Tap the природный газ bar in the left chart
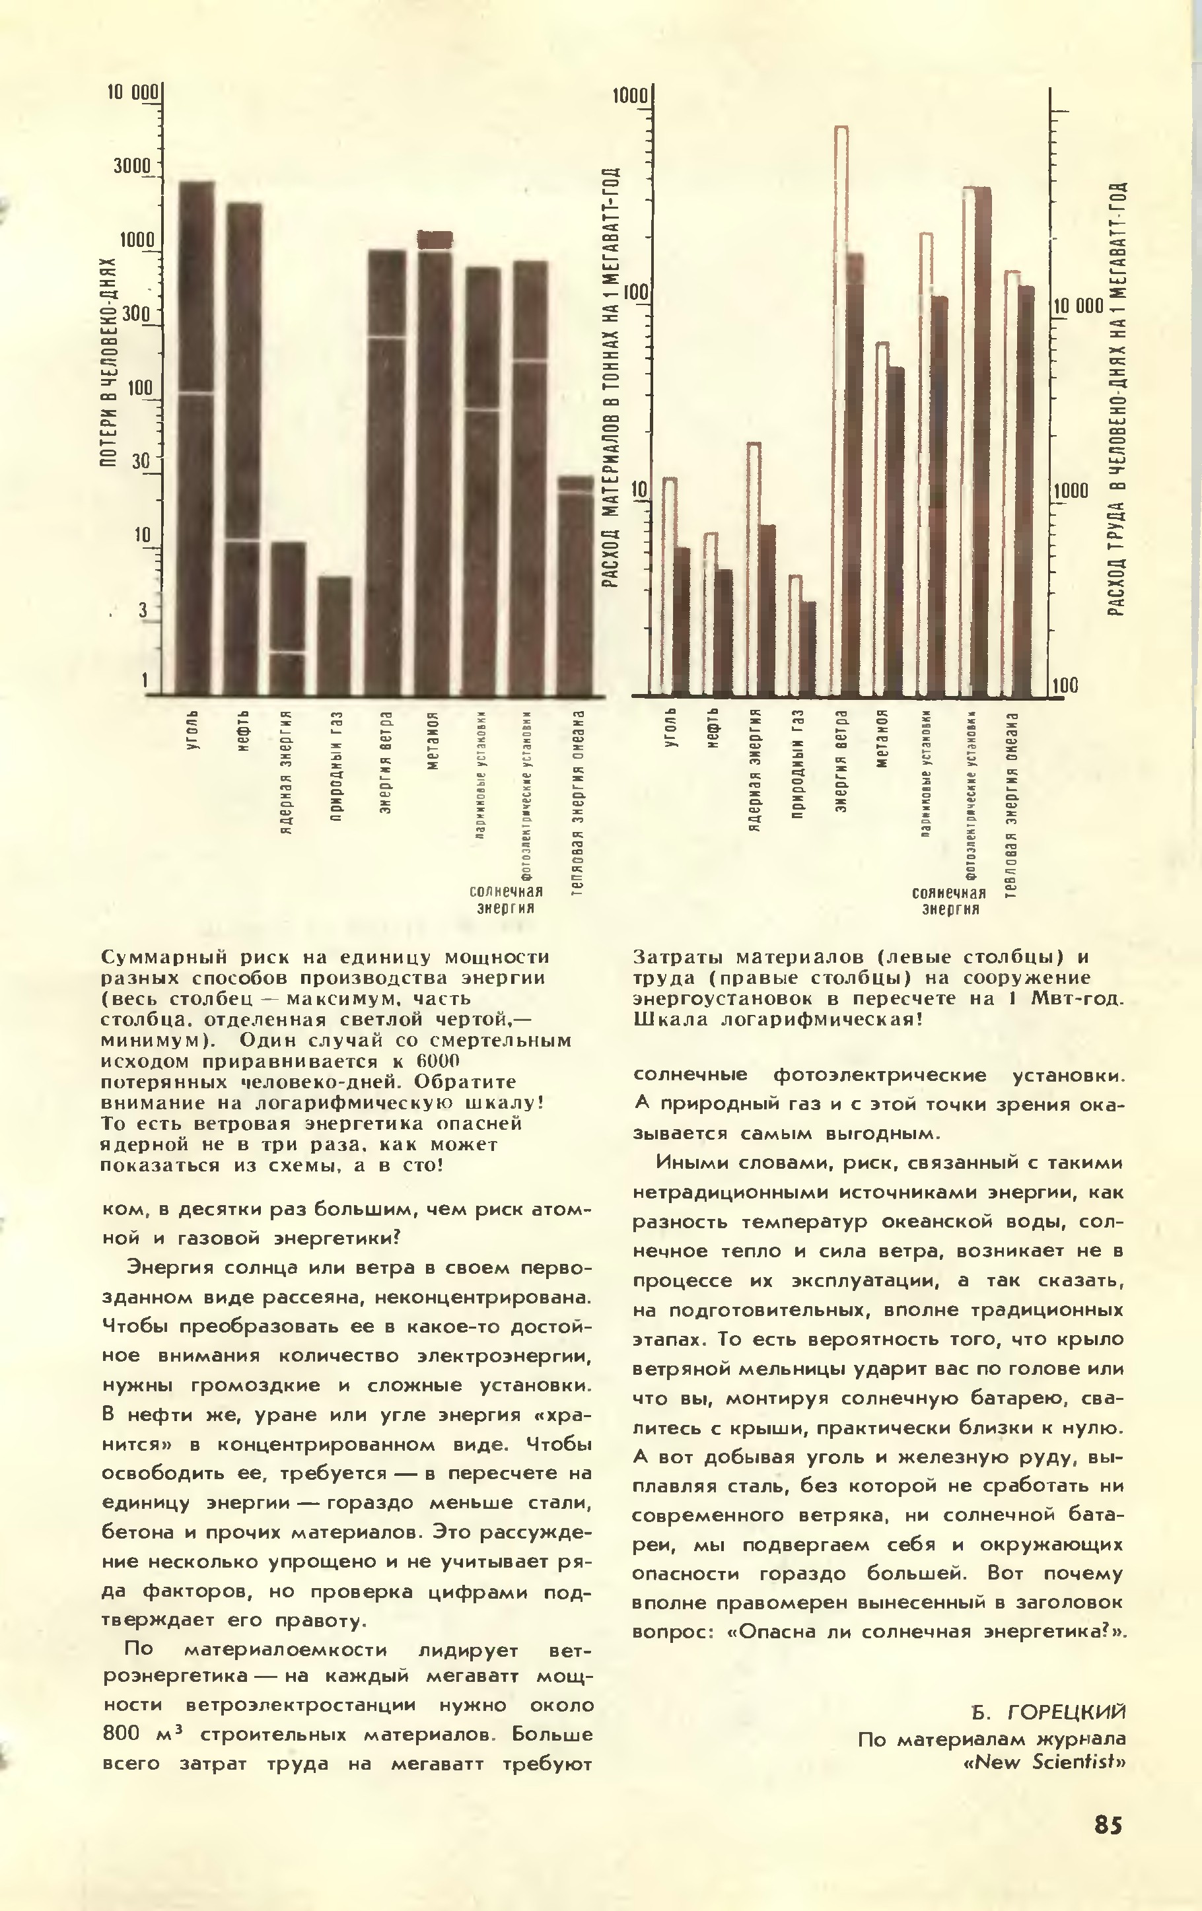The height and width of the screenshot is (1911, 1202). (x=334, y=635)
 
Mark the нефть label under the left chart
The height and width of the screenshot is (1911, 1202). (x=244, y=731)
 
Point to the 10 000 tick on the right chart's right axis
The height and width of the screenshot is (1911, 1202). (x=1077, y=306)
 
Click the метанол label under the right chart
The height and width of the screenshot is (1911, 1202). (x=884, y=739)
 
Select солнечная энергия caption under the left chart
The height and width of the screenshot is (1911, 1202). (x=505, y=899)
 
